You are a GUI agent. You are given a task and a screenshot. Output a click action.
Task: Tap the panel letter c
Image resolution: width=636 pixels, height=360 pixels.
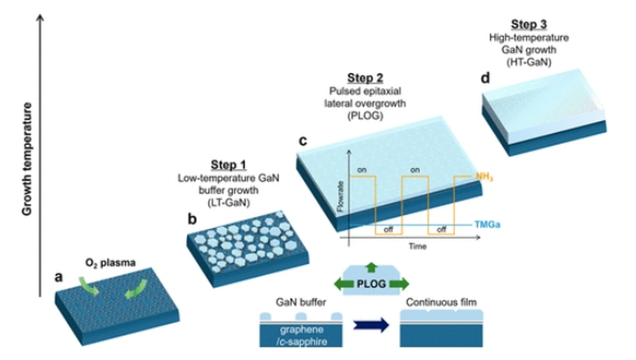(303, 141)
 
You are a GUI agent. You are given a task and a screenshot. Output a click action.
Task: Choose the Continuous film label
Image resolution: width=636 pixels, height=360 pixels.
(443, 303)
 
